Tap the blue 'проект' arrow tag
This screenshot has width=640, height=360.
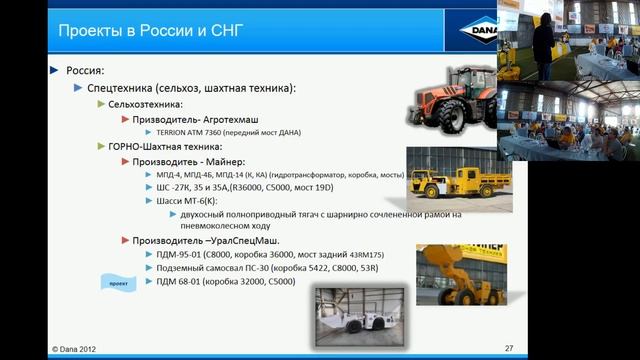[x=117, y=283]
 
